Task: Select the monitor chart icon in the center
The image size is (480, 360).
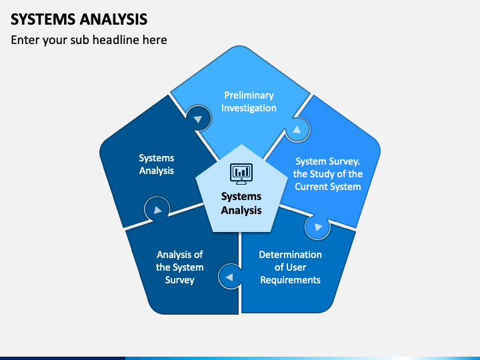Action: click(x=241, y=173)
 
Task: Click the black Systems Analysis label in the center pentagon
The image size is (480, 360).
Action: click(x=241, y=203)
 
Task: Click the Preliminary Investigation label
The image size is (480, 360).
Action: click(x=249, y=101)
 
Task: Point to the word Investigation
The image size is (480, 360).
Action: click(x=249, y=108)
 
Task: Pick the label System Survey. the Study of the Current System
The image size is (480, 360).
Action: click(x=327, y=174)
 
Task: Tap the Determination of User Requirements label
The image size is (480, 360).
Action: click(x=290, y=267)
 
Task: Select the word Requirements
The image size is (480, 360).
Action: click(x=290, y=280)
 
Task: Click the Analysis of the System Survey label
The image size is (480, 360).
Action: click(x=180, y=267)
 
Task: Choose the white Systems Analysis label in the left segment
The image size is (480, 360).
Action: click(x=157, y=164)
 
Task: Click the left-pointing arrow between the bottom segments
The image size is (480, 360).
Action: click(x=229, y=277)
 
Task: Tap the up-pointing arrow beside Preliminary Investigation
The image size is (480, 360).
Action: click(x=297, y=129)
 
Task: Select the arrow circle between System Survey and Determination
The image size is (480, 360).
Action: click(x=318, y=227)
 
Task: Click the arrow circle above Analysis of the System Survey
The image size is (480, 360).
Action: click(x=157, y=209)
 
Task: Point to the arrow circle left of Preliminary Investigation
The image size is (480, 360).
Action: click(x=199, y=119)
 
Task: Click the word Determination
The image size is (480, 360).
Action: click(x=290, y=255)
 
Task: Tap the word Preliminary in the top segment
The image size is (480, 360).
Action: click(x=249, y=95)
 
